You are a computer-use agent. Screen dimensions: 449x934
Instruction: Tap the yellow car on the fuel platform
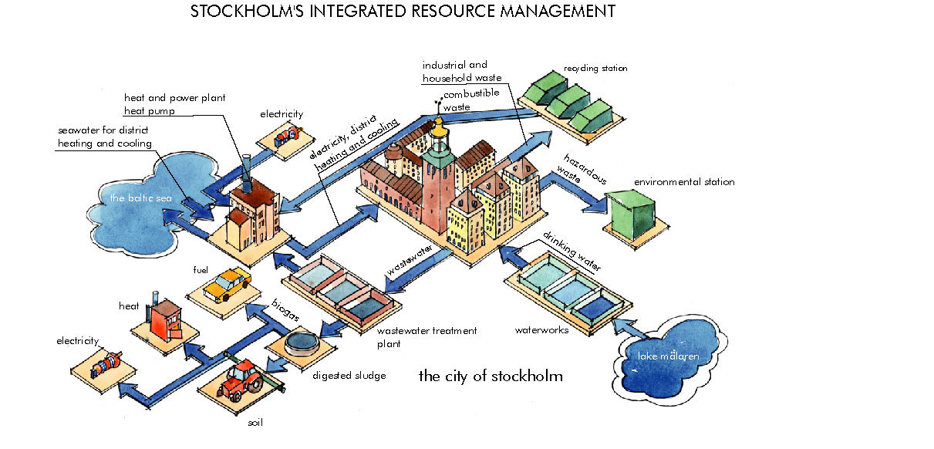click(x=227, y=284)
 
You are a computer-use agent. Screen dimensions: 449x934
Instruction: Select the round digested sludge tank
click(x=302, y=342)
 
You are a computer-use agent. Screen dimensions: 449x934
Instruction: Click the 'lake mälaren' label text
click(x=668, y=356)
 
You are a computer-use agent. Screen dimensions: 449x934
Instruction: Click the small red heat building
click(x=164, y=318)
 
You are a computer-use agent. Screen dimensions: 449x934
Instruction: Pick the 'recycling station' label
click(x=595, y=69)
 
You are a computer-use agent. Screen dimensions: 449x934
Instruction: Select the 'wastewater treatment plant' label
click(x=427, y=337)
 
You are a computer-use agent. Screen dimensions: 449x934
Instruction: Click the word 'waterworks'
click(x=541, y=330)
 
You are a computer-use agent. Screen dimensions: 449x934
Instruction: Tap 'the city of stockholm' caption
click(x=491, y=376)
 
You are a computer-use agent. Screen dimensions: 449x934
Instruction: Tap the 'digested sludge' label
click(x=349, y=376)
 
